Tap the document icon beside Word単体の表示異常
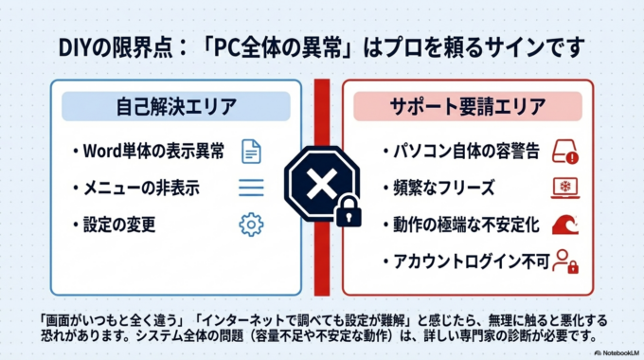(250, 151)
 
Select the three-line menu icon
(251, 188)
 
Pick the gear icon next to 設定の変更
(251, 225)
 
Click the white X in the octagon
(321, 179)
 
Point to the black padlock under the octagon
(348, 212)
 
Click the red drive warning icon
(564, 152)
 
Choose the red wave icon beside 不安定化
(564, 225)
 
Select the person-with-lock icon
(565, 261)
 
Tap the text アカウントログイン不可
(466, 261)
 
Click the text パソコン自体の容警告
(461, 152)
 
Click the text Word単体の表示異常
(153, 152)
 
